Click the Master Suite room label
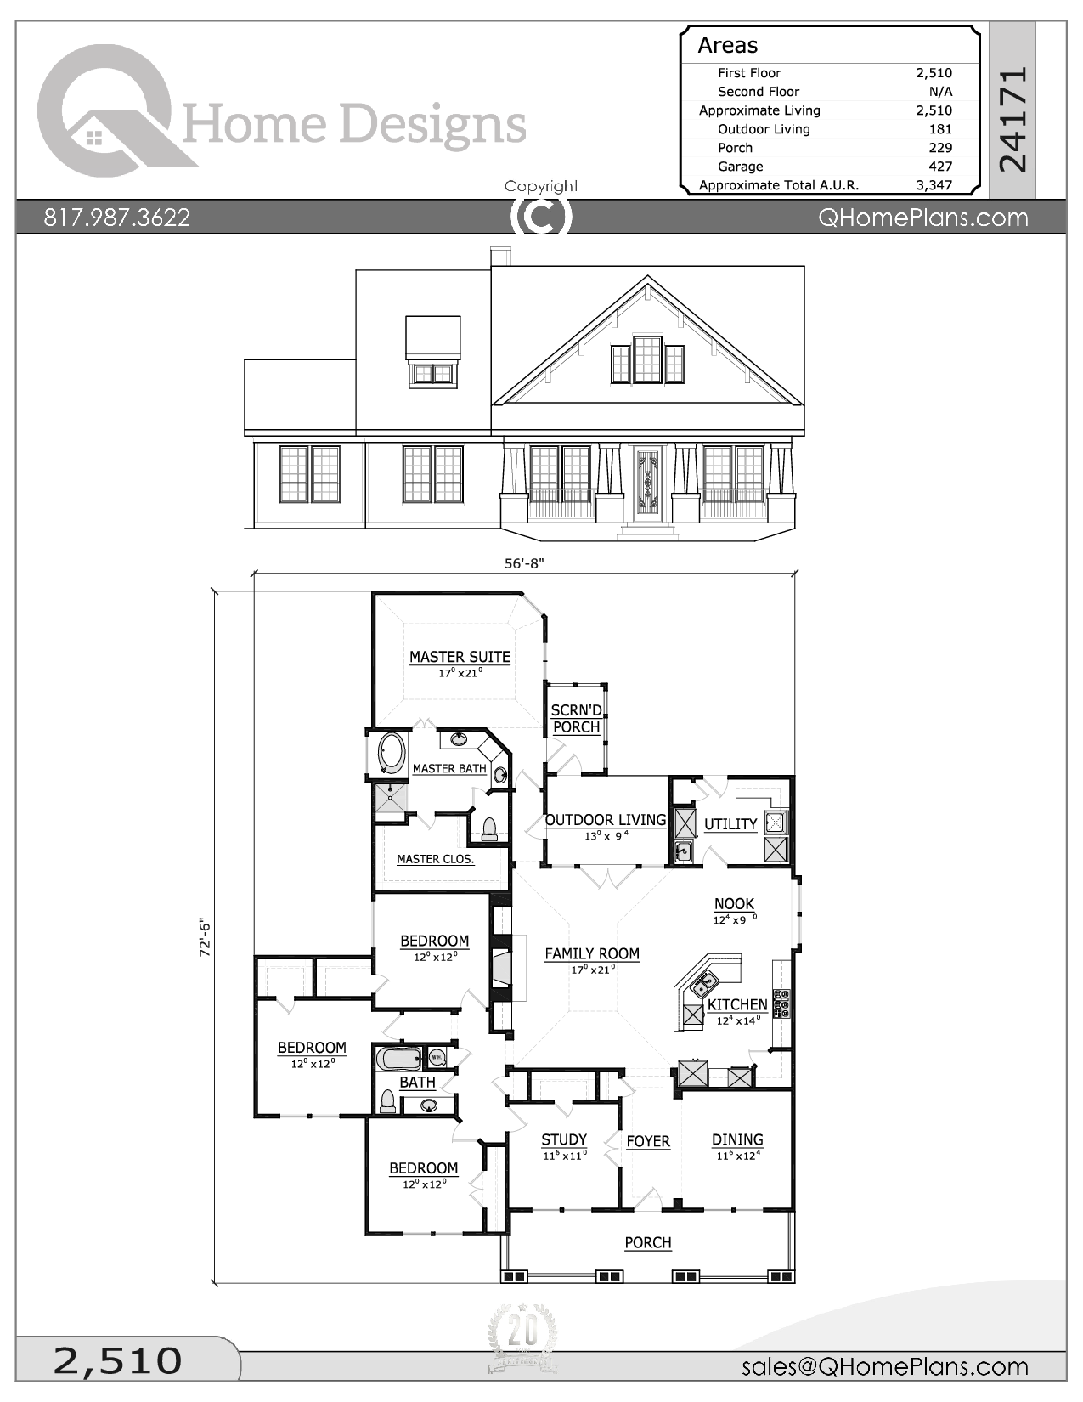[460, 657]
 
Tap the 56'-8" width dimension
[523, 563]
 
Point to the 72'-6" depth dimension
[205, 937]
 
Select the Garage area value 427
[940, 167]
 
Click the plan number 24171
[1012, 119]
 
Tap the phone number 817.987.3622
[117, 218]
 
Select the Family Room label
[592, 953]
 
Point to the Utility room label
[730, 824]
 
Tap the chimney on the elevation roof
[500, 257]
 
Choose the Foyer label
[648, 1141]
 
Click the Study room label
[564, 1139]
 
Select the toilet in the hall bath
[387, 1101]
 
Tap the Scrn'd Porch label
[577, 718]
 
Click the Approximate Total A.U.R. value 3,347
[934, 185]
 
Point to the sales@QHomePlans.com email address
[884, 1366]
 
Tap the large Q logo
[106, 110]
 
